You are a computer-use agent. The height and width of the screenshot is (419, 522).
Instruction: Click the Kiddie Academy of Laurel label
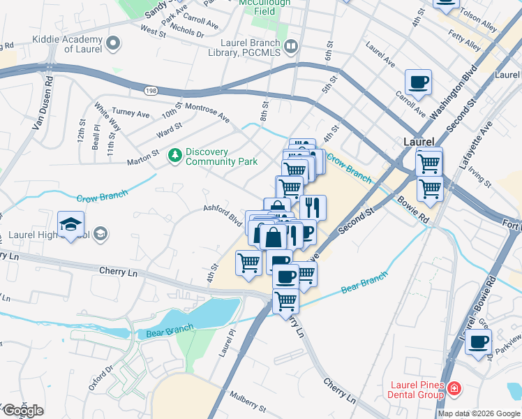(x=64, y=45)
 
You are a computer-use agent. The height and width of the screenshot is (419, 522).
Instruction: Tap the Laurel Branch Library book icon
(x=291, y=46)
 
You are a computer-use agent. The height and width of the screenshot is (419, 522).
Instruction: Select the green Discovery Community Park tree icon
(x=175, y=156)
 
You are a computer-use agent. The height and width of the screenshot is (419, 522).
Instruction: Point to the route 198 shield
(x=151, y=91)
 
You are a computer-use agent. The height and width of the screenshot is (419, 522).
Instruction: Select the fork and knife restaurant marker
(x=313, y=207)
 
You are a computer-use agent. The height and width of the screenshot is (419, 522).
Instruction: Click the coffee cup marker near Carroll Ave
(x=418, y=82)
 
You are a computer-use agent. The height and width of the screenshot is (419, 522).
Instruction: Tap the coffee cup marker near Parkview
(x=478, y=342)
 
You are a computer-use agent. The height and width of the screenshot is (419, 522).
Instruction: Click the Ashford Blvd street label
(x=222, y=215)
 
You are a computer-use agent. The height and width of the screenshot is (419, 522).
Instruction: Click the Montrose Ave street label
(x=207, y=113)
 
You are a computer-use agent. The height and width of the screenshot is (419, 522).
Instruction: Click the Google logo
(x=23, y=411)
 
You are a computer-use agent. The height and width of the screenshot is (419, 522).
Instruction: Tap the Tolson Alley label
(x=497, y=26)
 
